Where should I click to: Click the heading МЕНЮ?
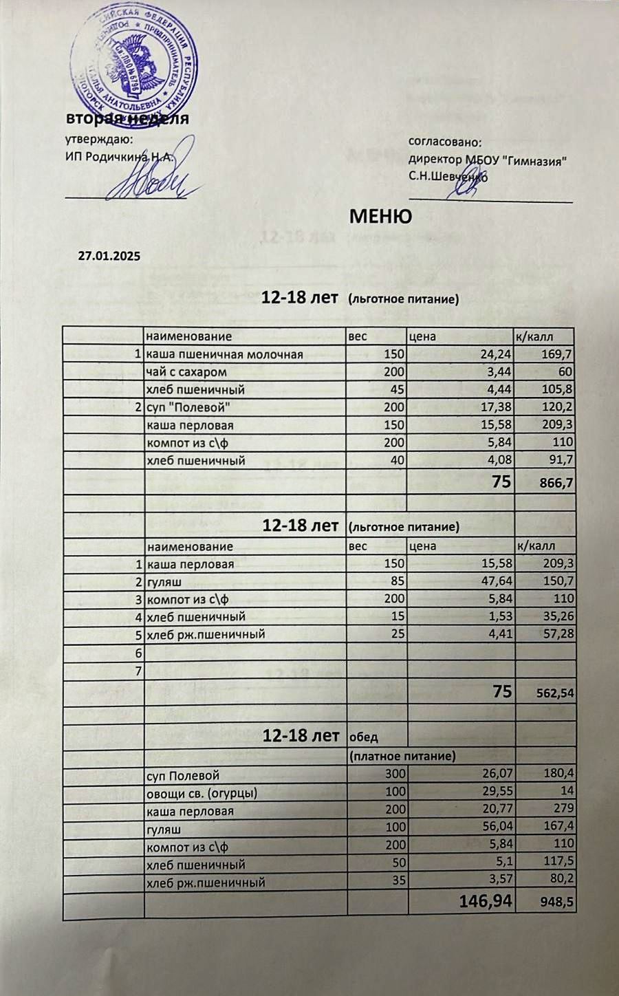tap(381, 216)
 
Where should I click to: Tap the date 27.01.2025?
tap(109, 256)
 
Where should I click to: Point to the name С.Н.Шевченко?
tap(448, 176)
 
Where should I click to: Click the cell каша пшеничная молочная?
tap(225, 354)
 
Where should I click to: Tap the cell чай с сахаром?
tap(187, 372)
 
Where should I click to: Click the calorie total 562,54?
tap(555, 693)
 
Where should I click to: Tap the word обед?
tap(365, 737)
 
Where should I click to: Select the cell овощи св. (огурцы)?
tap(202, 793)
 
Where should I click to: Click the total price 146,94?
tap(486, 900)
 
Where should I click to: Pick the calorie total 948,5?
tap(557, 902)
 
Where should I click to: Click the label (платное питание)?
tap(402, 756)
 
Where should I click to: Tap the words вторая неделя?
tap(127, 118)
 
